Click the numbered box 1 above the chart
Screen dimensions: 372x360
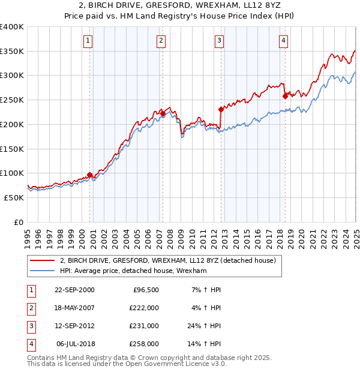[88, 41]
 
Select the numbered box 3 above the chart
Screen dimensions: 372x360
[219, 41]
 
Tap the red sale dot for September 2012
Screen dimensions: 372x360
[221, 109]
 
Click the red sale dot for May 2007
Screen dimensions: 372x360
[163, 113]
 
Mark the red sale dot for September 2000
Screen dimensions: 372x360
[90, 175]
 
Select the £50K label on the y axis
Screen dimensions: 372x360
[14, 197]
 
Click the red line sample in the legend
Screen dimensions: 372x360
[42, 261]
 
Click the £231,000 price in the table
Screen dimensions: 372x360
[144, 327]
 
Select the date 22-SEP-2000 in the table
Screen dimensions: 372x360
[74, 290]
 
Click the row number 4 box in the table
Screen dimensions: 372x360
[30, 344]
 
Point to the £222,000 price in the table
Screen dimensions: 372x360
[144, 308]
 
